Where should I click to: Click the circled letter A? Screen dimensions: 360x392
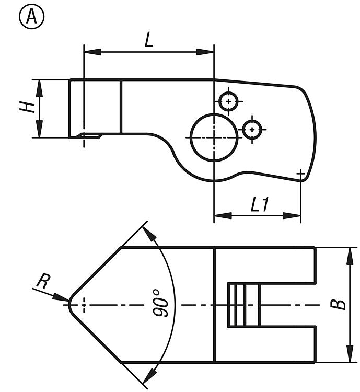click(x=31, y=17)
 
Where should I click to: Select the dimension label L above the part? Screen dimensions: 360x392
click(x=149, y=40)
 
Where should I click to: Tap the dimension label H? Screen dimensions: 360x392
click(x=28, y=107)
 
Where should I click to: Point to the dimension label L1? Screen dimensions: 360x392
click(x=260, y=204)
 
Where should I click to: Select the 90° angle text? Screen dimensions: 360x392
click(x=160, y=304)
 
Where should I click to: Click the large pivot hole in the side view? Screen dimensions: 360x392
click(x=214, y=137)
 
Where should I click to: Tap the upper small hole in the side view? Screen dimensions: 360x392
click(x=228, y=101)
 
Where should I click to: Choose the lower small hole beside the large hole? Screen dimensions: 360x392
click(x=252, y=130)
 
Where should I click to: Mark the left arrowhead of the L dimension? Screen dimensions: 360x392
click(x=92, y=52)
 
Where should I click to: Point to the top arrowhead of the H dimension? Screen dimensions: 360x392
click(x=39, y=88)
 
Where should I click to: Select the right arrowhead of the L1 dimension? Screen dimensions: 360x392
click(x=292, y=215)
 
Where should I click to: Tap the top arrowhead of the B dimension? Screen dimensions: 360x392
click(x=350, y=256)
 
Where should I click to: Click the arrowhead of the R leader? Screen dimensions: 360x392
click(x=61, y=297)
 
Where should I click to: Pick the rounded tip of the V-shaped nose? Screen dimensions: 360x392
click(x=70, y=305)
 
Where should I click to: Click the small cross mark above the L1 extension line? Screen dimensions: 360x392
click(x=301, y=173)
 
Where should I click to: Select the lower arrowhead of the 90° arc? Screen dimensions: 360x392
click(x=150, y=375)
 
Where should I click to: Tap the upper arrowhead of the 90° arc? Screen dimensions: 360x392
click(x=149, y=234)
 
